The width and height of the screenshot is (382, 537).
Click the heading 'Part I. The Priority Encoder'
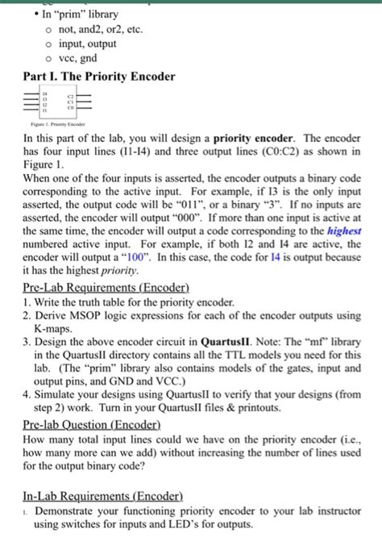(x=98, y=77)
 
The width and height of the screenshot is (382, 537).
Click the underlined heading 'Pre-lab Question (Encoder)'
(x=91, y=425)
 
